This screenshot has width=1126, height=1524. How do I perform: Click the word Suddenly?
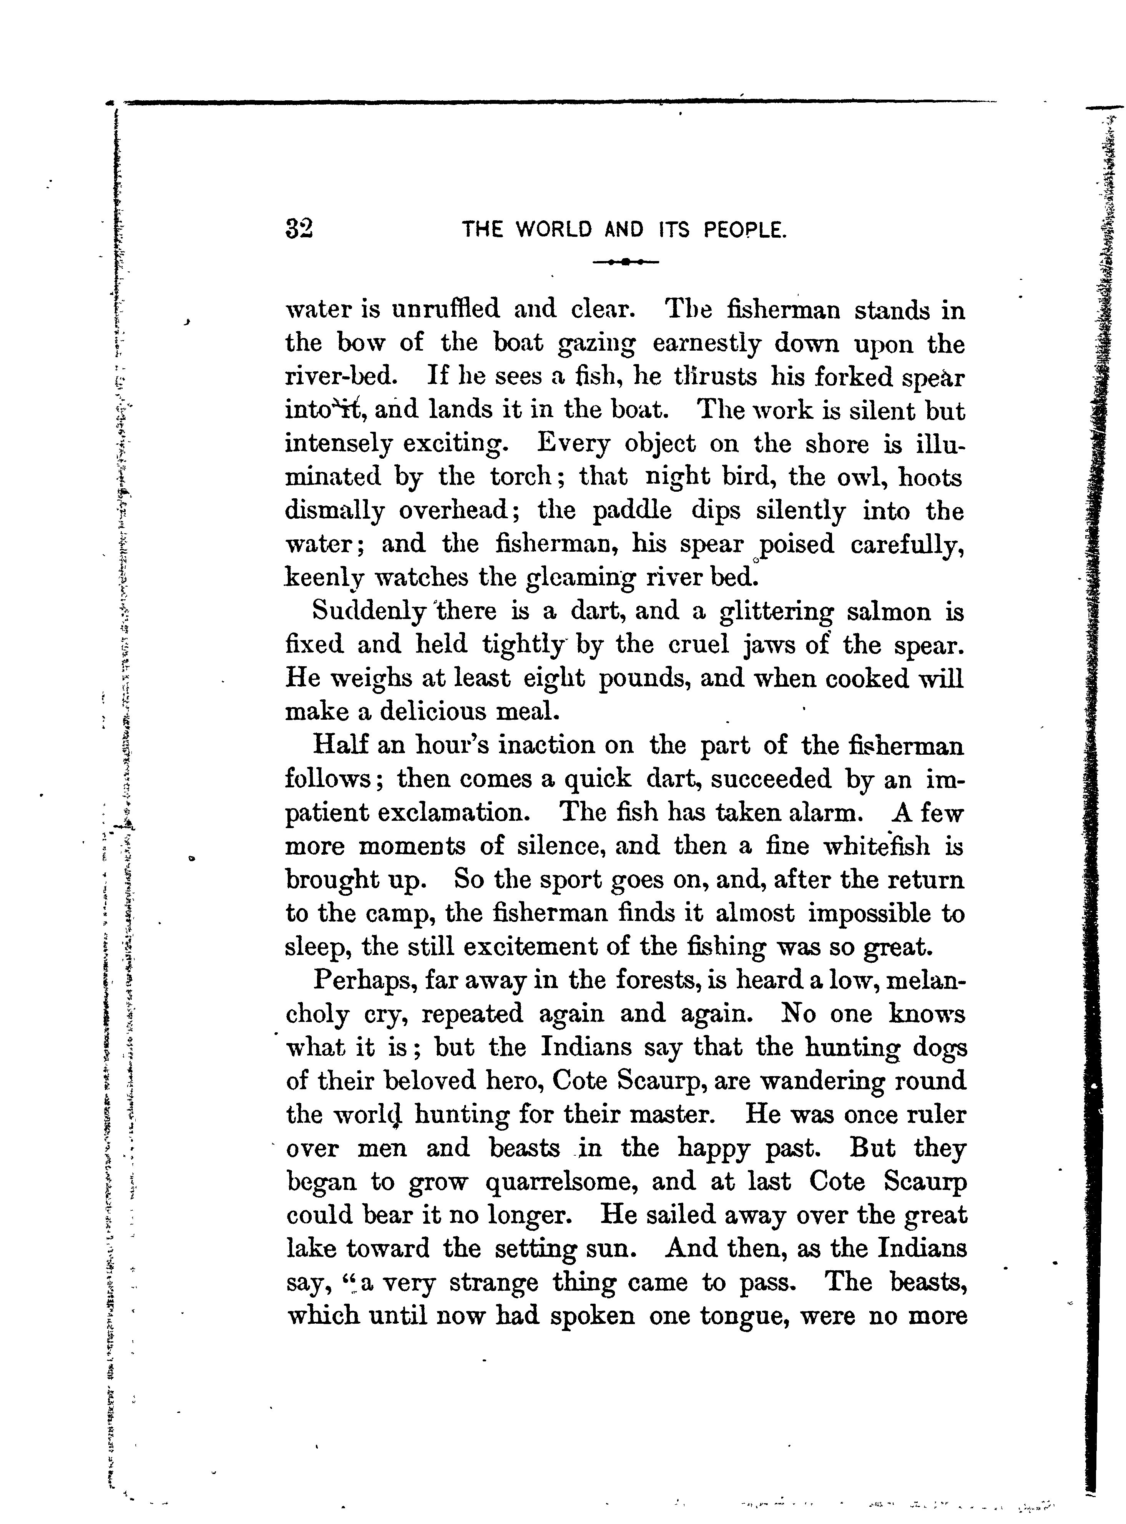coord(369,612)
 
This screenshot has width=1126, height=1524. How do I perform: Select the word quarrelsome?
coord(560,1182)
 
